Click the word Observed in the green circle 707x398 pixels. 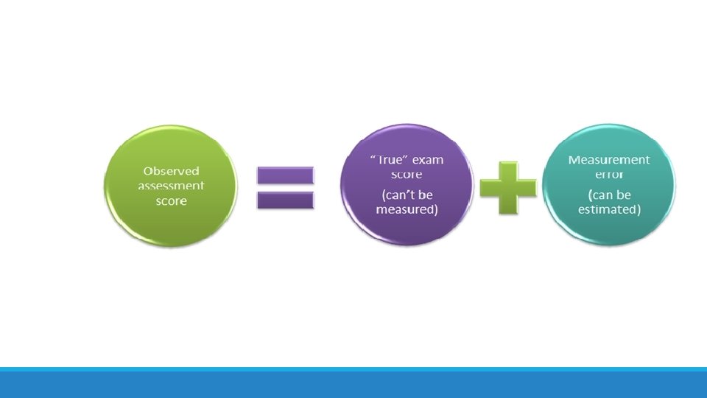coord(171,171)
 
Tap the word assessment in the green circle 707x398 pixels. coord(171,186)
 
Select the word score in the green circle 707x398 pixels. coord(170,201)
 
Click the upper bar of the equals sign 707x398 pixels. coord(285,175)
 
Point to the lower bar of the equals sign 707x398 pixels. coord(285,199)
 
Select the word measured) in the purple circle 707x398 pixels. coord(407,210)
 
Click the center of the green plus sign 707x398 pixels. coord(507,187)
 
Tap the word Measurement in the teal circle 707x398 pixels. coord(608,160)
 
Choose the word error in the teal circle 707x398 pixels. coord(608,175)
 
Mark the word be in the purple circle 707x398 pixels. coord(425,195)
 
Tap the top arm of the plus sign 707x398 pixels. coord(507,170)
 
